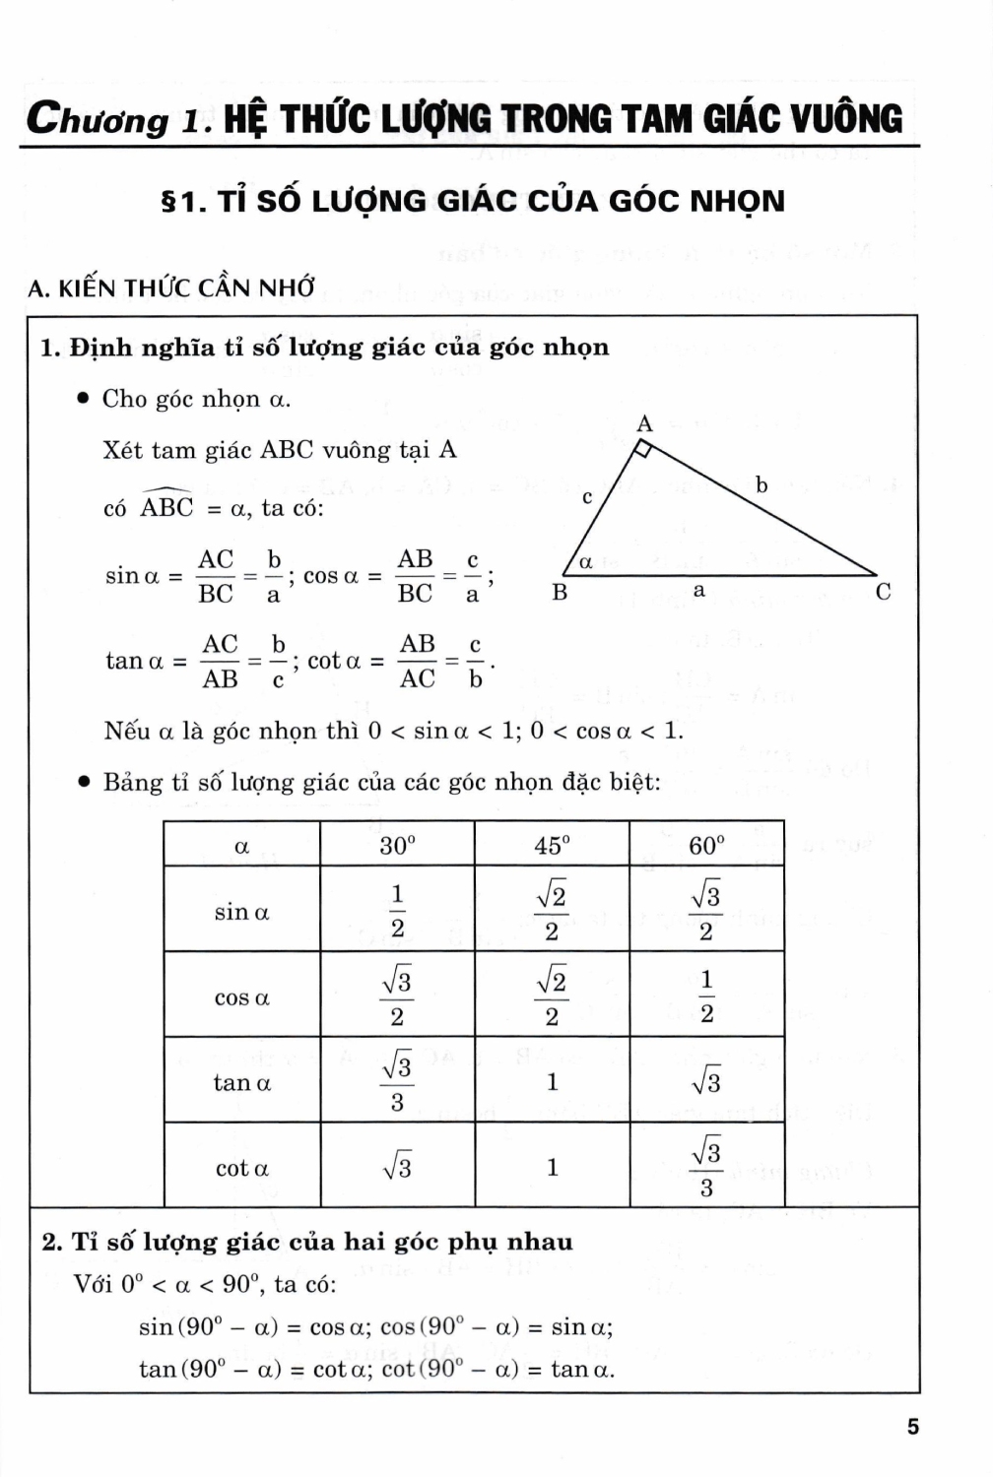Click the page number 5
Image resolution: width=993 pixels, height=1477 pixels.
[912, 1426]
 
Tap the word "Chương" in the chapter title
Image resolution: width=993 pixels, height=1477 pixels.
[98, 119]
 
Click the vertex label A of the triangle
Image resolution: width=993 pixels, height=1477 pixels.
[644, 424]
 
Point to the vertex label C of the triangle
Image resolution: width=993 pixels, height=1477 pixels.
[883, 592]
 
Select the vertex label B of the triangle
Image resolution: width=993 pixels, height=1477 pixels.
[560, 592]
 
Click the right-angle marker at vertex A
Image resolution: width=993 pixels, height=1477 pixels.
[641, 450]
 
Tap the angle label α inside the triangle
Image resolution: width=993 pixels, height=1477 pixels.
[585, 562]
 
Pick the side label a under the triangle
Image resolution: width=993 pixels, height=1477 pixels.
[699, 591]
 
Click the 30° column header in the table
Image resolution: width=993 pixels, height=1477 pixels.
[397, 845]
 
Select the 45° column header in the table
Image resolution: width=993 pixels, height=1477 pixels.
[552, 845]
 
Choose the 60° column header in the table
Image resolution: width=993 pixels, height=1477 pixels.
[706, 845]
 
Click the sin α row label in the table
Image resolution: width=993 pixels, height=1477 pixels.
[241, 912]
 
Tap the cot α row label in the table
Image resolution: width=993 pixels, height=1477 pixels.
[241, 1169]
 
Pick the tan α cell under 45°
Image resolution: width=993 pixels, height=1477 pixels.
[552, 1081]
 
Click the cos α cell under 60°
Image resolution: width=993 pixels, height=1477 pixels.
[706, 995]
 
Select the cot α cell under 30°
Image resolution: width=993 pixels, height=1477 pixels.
[397, 1168]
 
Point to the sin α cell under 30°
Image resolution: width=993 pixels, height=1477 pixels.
[397, 911]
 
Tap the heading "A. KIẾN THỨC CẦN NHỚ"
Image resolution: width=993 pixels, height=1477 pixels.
[171, 288]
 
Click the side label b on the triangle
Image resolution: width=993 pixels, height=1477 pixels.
[761, 483]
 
